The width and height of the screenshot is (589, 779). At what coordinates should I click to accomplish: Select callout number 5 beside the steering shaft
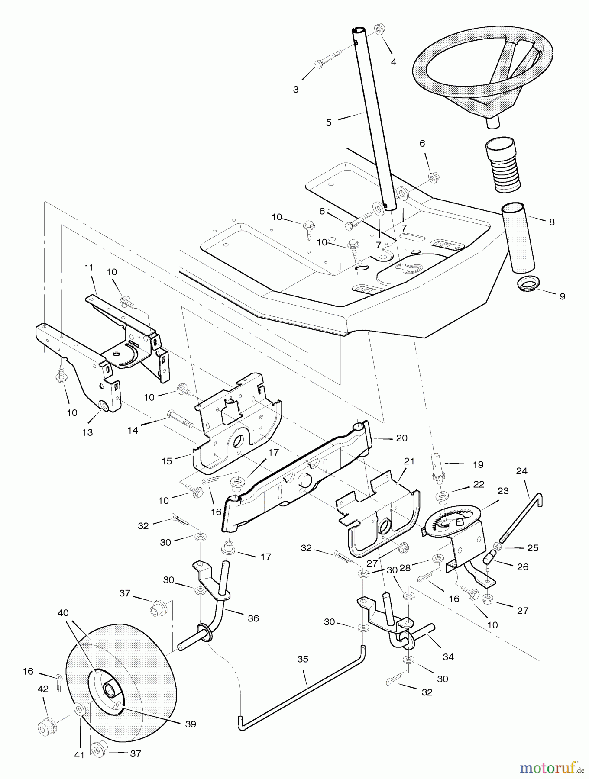point(329,122)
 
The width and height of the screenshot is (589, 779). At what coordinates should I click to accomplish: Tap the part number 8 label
point(551,222)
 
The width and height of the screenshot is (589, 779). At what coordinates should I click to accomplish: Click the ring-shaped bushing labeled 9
point(527,284)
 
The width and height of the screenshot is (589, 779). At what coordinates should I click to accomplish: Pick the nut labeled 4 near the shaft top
point(378,30)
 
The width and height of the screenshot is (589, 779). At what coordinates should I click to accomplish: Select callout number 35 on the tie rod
point(303,659)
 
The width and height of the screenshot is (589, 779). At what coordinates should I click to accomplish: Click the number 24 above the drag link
point(521,471)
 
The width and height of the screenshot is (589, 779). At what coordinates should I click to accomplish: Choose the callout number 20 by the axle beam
point(401,438)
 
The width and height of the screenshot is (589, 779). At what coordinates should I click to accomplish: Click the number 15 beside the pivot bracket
point(167,461)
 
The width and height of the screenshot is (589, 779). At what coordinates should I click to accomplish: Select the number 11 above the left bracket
point(89,268)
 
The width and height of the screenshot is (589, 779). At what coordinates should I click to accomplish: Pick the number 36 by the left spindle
point(253,618)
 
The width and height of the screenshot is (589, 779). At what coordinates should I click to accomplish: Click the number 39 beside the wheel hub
point(190,724)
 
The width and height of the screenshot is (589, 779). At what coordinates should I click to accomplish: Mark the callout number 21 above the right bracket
point(409,461)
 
